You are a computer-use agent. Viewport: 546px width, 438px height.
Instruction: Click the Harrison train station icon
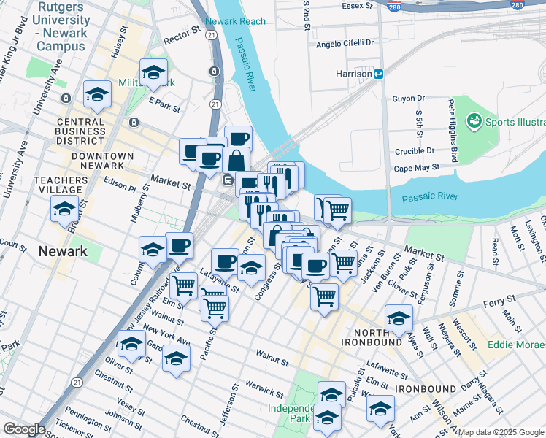pos(379,74)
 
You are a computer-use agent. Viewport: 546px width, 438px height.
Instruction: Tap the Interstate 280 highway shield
pos(517,5)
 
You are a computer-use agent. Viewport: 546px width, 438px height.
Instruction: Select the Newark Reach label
pos(236,21)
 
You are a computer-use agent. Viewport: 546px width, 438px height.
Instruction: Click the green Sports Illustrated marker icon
pos(474,120)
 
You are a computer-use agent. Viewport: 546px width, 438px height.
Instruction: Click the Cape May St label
pos(417,167)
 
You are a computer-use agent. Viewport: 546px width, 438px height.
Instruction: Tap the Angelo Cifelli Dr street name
pos(345,44)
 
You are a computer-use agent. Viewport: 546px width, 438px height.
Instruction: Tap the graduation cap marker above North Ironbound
pos(399,318)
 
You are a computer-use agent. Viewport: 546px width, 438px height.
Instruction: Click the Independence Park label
pos(290,413)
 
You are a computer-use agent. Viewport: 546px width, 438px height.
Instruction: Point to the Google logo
pos(24,429)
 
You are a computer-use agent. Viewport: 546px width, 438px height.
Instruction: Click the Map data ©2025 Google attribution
pos(501,432)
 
